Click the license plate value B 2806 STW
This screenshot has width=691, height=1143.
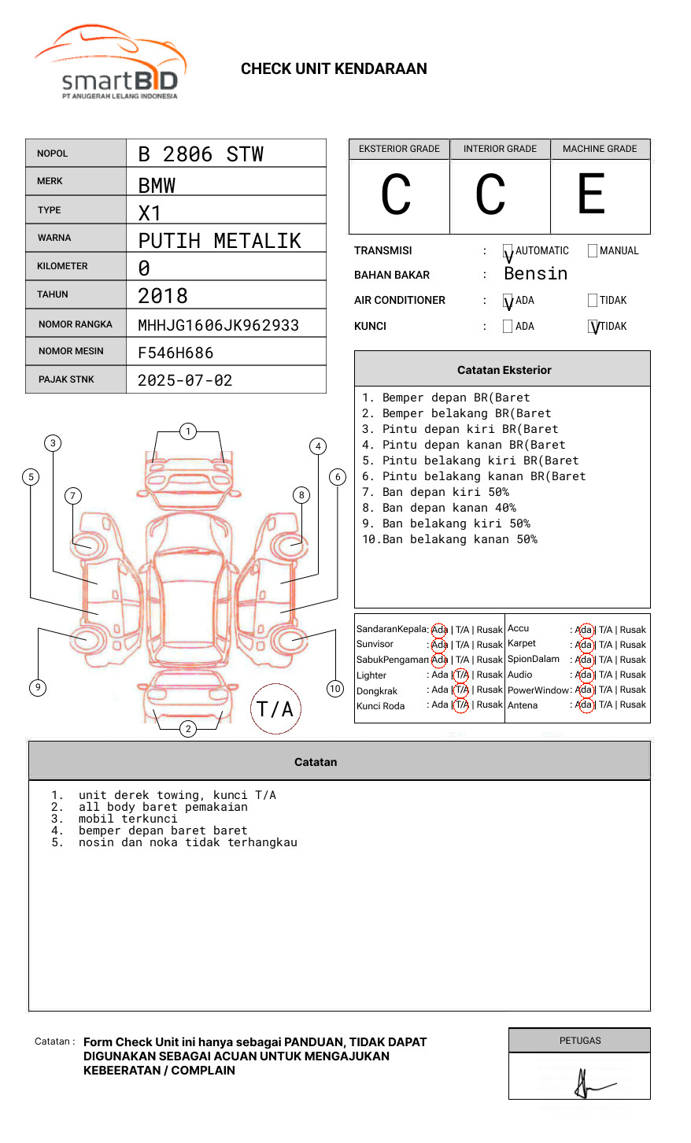[201, 154]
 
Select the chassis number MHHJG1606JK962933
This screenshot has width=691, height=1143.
[218, 325]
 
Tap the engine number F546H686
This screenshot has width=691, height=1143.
[176, 353]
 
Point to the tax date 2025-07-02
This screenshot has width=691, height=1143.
[185, 380]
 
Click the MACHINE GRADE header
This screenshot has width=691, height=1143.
[600, 149]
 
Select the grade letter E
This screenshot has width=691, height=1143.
[592, 194]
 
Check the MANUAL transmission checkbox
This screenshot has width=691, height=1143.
[593, 251]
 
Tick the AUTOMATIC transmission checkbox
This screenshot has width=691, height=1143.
[508, 251]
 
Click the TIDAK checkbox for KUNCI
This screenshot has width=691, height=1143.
[593, 326]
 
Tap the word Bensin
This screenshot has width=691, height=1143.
[535, 274]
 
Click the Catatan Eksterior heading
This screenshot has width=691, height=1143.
[504, 370]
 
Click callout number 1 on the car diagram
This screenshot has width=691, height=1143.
[187, 431]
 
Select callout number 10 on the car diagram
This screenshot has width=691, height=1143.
[335, 689]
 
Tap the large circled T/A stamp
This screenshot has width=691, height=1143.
[275, 709]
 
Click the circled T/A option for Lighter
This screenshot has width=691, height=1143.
[461, 675]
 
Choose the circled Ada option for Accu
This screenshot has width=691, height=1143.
[584, 630]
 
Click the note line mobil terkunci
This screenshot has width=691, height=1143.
[127, 819]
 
